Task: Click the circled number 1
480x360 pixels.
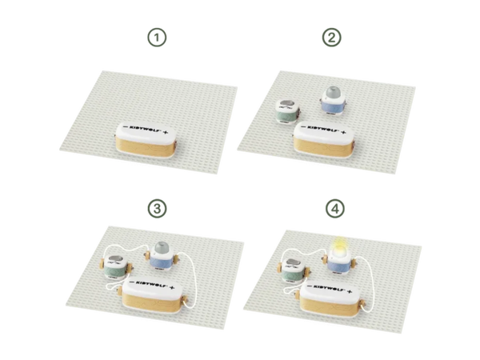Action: (157, 38)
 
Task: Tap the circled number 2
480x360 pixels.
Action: (332, 38)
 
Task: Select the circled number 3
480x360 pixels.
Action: (157, 209)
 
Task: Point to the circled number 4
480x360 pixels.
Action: (335, 209)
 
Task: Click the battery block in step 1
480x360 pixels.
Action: (146, 141)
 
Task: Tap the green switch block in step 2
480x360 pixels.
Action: (288, 111)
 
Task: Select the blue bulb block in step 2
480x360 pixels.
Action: (334, 101)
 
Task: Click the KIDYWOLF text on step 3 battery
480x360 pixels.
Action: (151, 284)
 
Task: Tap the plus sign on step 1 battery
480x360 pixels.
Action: (166, 133)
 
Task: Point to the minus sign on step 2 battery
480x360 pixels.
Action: (302, 126)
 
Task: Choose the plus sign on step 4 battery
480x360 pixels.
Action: (350, 291)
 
